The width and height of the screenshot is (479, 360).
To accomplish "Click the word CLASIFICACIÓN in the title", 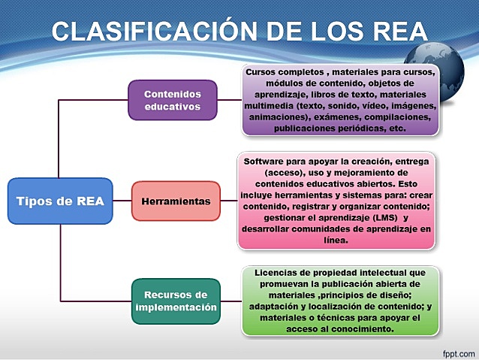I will (151, 32).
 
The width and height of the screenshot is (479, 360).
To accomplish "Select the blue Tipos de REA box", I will (60, 201).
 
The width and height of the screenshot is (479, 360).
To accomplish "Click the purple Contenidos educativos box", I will (172, 100).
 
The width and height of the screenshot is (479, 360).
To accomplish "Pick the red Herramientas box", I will (176, 201).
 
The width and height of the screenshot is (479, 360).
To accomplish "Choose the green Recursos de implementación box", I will (176, 301).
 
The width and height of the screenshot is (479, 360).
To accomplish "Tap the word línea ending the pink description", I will (335, 241).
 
